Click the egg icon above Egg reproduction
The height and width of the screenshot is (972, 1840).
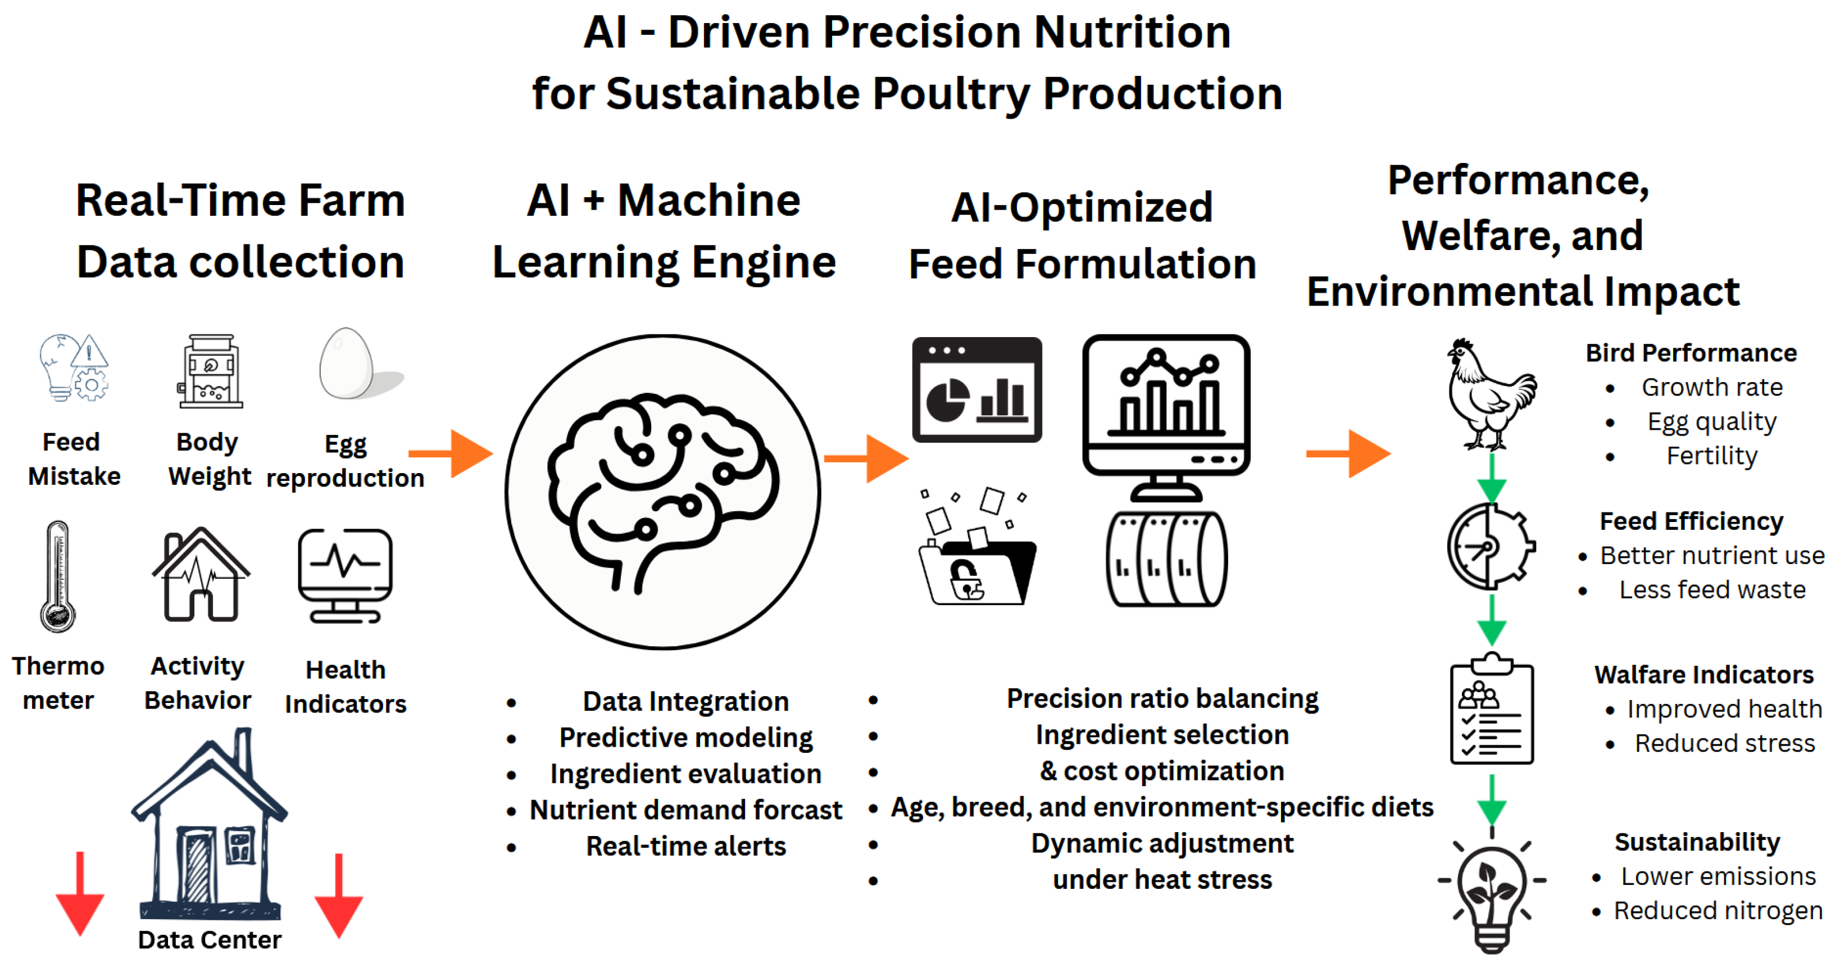(x=347, y=364)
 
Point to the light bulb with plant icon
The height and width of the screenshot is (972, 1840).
(x=1492, y=893)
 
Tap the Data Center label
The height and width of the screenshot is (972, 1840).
(x=210, y=940)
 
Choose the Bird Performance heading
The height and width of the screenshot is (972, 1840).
(x=1691, y=353)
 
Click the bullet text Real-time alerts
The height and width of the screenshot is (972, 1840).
(x=685, y=846)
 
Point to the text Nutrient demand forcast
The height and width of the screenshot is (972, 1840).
(x=685, y=810)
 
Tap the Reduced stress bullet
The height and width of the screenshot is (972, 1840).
(x=1724, y=743)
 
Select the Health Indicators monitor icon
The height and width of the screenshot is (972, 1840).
(x=345, y=575)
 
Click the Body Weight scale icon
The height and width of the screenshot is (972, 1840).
(x=210, y=371)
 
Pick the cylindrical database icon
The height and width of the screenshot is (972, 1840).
(x=1166, y=559)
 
